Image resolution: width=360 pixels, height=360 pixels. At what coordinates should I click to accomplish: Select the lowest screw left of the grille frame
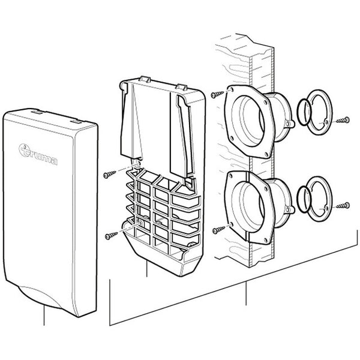point(110,235)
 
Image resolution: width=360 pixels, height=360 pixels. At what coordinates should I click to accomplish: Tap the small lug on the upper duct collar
point(289,125)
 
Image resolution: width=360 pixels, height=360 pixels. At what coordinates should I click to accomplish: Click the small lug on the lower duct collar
point(289,212)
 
